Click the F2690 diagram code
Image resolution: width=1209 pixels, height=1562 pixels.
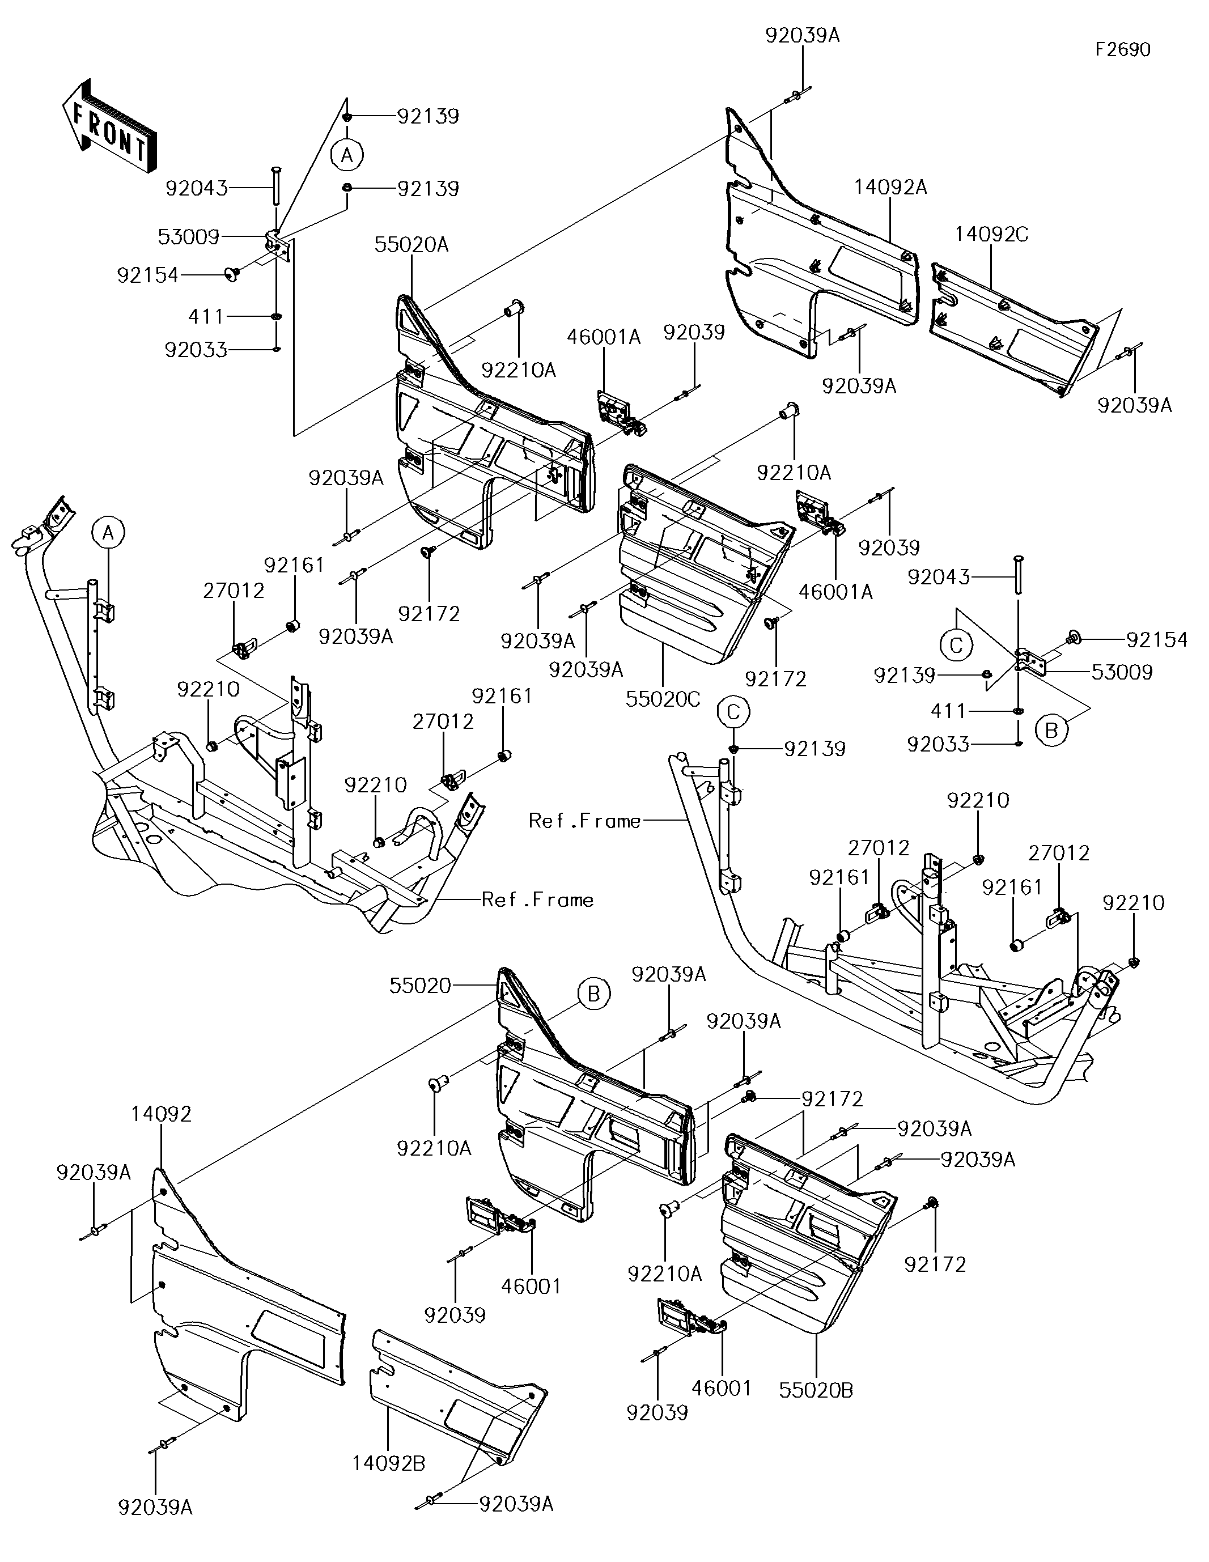pos(1122,49)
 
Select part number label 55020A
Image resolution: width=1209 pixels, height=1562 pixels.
pos(412,245)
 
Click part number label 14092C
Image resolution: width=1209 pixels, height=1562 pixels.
pos(991,234)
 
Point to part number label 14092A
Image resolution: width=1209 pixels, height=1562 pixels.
pos(890,188)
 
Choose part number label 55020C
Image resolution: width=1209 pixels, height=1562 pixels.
pos(663,699)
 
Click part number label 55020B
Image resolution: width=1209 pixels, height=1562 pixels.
pos(816,1390)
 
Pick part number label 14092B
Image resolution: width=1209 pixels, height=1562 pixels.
pos(388,1463)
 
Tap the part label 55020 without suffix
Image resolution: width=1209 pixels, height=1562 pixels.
pos(420,986)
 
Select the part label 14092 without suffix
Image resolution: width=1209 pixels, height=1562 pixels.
pos(161,1114)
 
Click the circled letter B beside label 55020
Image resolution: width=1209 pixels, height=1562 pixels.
pos(594,994)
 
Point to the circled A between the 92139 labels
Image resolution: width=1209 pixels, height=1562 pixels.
pos(347,155)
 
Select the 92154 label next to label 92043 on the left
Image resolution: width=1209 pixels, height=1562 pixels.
pos(147,275)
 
